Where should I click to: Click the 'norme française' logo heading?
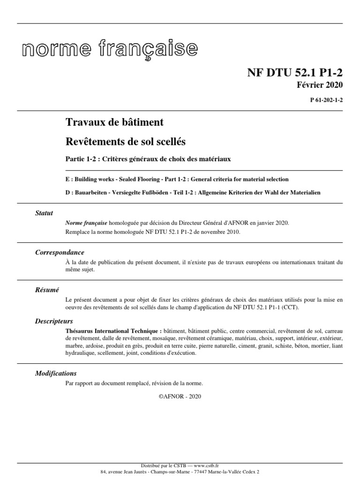click(x=110, y=49)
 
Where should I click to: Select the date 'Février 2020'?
click(x=320, y=85)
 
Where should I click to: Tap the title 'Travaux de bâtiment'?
click(x=114, y=122)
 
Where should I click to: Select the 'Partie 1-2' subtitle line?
click(x=148, y=159)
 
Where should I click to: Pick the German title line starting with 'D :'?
click(x=193, y=193)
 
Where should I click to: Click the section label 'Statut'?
click(x=44, y=213)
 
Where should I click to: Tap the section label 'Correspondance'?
click(x=60, y=253)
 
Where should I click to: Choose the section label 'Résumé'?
click(x=47, y=290)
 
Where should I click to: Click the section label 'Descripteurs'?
click(x=54, y=322)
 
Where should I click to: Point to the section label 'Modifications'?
click(x=56, y=374)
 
